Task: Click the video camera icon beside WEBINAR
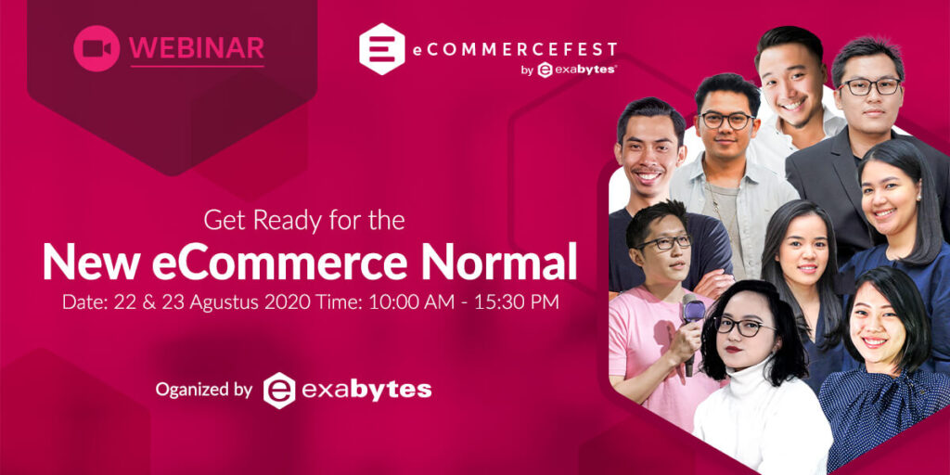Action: (x=96, y=48)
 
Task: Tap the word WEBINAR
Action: (x=197, y=48)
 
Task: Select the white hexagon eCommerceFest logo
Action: (x=381, y=48)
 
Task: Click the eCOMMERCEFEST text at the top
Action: (x=515, y=49)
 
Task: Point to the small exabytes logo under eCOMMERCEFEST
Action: (x=577, y=71)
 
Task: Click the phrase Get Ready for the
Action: (x=304, y=221)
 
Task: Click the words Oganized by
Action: (x=203, y=390)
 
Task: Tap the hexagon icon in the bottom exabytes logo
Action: (x=279, y=390)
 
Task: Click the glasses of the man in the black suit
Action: (x=869, y=86)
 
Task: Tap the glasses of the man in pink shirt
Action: (x=665, y=242)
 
